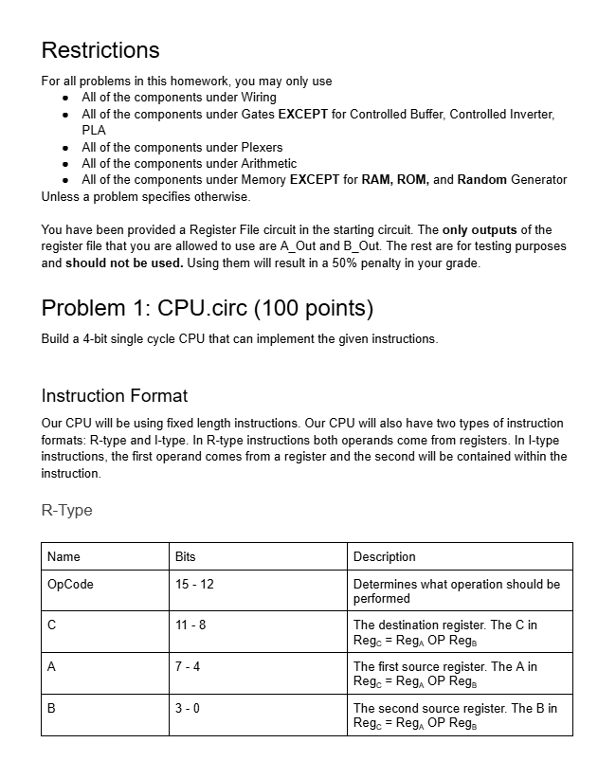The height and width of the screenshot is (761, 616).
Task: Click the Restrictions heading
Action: pyautogui.click(x=100, y=50)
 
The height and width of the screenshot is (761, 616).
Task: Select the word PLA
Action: pyautogui.click(x=94, y=130)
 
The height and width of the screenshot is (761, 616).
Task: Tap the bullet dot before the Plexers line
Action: pyautogui.click(x=64, y=147)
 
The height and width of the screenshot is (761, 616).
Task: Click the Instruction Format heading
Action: pyautogui.click(x=115, y=396)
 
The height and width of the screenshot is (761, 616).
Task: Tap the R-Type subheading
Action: pyautogui.click(x=67, y=510)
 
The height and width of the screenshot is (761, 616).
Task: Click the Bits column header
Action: pyautogui.click(x=186, y=556)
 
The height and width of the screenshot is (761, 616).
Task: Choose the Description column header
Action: pyautogui.click(x=384, y=556)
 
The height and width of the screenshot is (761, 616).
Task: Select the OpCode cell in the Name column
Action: pyautogui.click(x=70, y=584)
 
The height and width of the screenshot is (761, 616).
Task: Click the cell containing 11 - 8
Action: pyautogui.click(x=190, y=625)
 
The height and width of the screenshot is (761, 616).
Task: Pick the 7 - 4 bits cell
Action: pyautogui.click(x=188, y=667)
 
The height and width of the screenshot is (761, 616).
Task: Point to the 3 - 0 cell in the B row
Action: pyautogui.click(x=188, y=709)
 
